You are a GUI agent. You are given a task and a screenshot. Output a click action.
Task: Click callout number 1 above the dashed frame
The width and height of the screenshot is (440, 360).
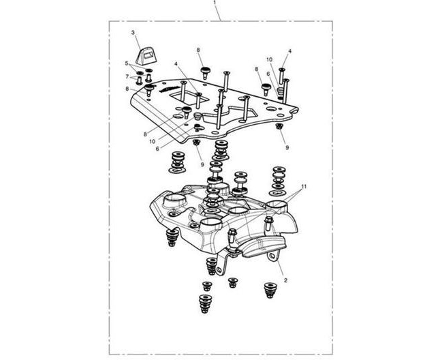[x=215, y=2]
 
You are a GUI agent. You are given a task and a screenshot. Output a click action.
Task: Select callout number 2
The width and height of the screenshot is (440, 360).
[x=285, y=280]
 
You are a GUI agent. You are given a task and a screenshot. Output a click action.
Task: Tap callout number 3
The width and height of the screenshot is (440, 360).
[x=133, y=33]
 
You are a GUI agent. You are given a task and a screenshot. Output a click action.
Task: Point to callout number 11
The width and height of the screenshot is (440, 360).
[x=304, y=186]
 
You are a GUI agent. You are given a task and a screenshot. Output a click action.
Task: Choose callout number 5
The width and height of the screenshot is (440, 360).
[x=127, y=63]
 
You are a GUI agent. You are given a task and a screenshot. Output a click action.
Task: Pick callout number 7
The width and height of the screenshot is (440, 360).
[x=127, y=76]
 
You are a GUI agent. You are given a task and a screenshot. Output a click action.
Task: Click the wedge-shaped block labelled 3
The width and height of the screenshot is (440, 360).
[x=146, y=56]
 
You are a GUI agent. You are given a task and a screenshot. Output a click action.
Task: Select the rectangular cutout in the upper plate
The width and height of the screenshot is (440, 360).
[x=189, y=97]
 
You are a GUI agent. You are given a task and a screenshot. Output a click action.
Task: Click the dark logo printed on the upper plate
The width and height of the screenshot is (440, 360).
[x=168, y=89]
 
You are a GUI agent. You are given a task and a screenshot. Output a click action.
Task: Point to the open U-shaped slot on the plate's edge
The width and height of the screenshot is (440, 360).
[x=295, y=111]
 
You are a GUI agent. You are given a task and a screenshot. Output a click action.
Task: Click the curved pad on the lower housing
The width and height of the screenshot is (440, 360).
[x=263, y=246]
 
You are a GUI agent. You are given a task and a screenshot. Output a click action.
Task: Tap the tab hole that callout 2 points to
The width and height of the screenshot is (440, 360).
[x=272, y=256]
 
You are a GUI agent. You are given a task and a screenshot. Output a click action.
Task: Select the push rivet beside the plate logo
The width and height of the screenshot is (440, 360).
[x=149, y=89]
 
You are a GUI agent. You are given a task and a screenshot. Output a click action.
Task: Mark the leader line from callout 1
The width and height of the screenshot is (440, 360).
[x=218, y=12]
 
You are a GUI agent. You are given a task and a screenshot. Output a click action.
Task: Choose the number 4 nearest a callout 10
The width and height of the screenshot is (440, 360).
[x=290, y=51]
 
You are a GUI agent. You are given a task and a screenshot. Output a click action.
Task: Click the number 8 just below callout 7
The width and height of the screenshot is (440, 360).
[x=127, y=89]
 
